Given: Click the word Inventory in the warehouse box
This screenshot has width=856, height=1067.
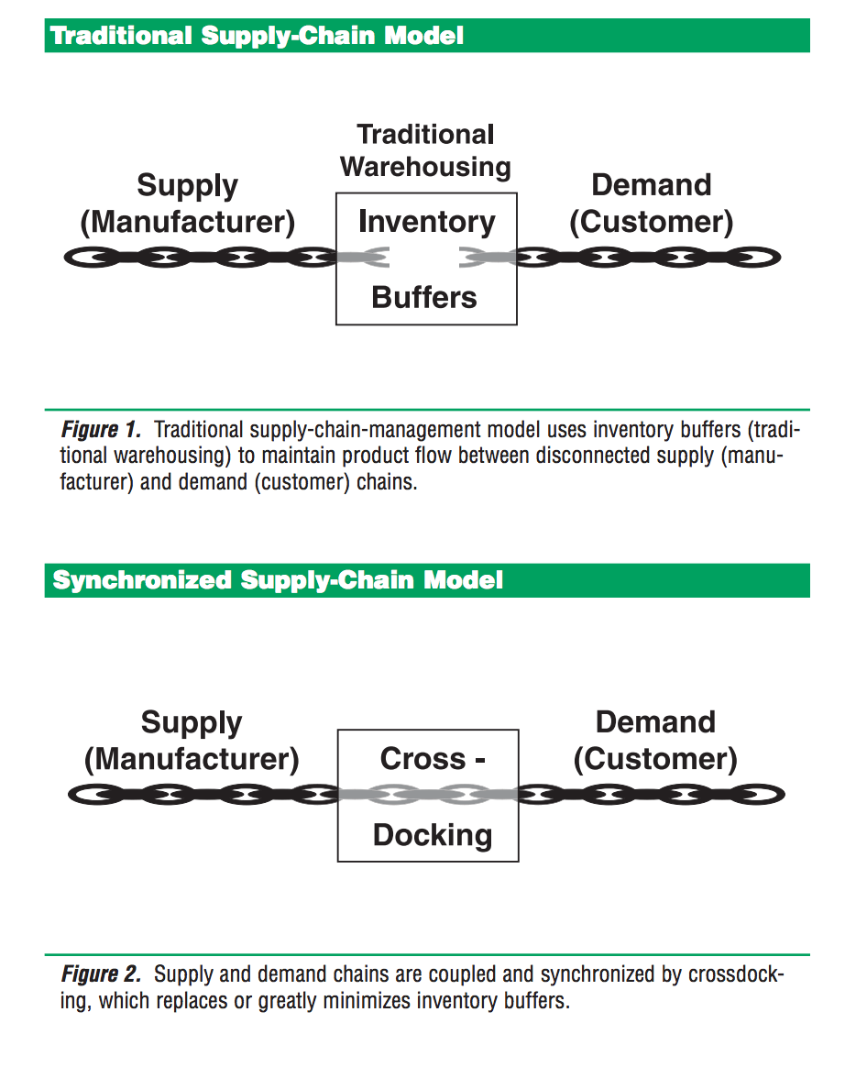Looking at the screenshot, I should click(426, 222).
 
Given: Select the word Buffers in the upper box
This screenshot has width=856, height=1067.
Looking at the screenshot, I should click(424, 297).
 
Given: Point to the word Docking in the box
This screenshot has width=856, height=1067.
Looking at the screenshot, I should click(433, 834).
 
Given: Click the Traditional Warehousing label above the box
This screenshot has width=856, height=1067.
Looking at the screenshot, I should click(425, 150).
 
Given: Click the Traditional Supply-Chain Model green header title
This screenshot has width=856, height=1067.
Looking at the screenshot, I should click(258, 36).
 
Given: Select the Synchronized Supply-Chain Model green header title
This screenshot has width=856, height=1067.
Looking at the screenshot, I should click(278, 580).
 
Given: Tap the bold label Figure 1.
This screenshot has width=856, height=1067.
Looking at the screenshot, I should click(101, 429).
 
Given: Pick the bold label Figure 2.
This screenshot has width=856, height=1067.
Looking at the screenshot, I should click(101, 973).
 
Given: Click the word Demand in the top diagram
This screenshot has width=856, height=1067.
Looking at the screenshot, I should click(651, 184).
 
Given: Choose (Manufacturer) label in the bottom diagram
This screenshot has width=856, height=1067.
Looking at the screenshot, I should click(192, 760).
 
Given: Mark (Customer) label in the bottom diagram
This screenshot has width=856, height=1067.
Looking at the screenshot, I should click(655, 760).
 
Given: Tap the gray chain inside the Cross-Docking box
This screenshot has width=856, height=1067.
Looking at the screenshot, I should click(428, 794).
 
